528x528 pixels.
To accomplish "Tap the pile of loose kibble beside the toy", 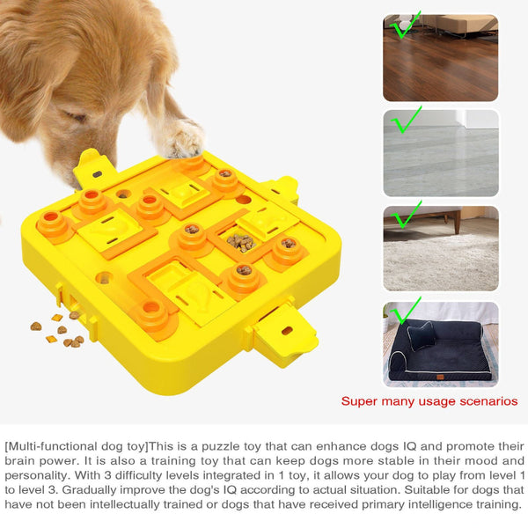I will coord(57,329).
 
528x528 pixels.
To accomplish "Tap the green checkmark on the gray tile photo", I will coord(405,121).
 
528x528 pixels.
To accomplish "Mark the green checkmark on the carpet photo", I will coord(406,216).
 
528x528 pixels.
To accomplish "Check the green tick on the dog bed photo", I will coord(405,310).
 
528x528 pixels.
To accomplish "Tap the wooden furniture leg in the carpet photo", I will coord(458,224).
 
